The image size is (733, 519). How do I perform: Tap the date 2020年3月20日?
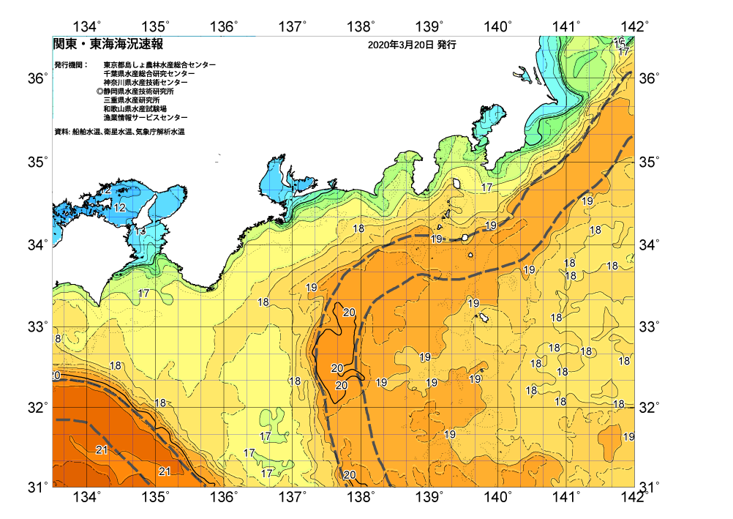click(401, 45)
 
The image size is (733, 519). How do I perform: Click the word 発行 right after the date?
click(446, 45)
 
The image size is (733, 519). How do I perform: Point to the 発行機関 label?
click(70, 65)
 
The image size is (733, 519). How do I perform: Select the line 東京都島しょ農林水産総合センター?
click(159, 65)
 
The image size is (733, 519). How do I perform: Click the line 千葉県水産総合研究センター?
click(149, 74)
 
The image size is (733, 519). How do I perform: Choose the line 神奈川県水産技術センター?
click(146, 83)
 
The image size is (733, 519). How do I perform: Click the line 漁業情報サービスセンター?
click(145, 118)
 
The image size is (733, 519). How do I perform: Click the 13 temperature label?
click(140, 231)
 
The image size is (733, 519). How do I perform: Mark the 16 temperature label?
click(619, 42)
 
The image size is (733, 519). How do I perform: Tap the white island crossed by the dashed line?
click(465, 237)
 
